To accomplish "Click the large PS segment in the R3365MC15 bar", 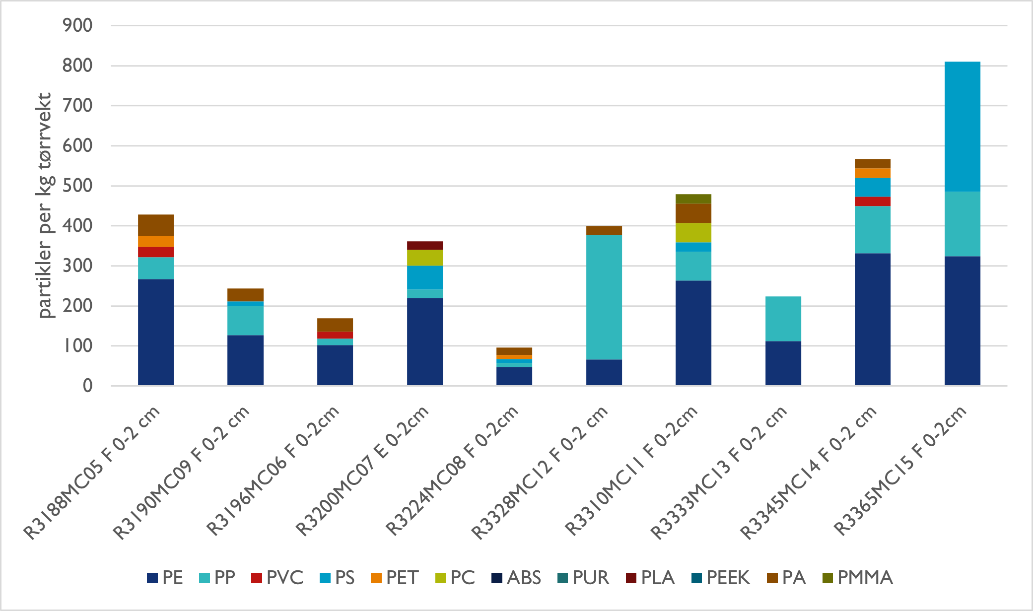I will (x=962, y=127).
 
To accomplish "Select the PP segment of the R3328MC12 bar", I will (x=604, y=297).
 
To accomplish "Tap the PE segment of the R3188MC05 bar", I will (x=156, y=332).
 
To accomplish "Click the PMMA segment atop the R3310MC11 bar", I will (x=693, y=199).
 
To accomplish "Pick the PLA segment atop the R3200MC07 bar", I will (x=424, y=245).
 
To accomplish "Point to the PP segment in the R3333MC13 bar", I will (x=783, y=319).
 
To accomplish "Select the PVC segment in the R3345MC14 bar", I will (x=872, y=201).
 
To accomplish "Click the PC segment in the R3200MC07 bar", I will (x=424, y=258).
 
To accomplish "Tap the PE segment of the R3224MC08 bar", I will (x=514, y=376).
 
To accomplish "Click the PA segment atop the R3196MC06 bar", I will (x=335, y=325).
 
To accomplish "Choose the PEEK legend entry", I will (x=720, y=578).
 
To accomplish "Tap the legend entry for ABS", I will (x=516, y=578).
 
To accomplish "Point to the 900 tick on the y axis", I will (x=77, y=25).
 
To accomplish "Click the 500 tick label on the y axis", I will (x=77, y=186).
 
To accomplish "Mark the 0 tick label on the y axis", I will (x=87, y=386).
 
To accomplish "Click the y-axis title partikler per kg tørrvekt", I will (x=45, y=205).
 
